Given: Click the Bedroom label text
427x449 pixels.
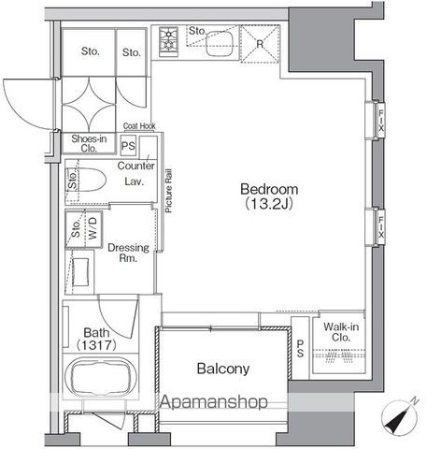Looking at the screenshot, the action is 269,189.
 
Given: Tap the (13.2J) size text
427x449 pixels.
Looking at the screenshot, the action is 269,204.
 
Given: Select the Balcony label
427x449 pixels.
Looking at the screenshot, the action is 223,369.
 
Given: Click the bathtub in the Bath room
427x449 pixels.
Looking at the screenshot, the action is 100,378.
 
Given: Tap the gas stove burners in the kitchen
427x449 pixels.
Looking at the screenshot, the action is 168,42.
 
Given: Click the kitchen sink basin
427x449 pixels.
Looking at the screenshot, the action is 220,43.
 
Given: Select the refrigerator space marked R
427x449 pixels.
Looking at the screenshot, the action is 260,44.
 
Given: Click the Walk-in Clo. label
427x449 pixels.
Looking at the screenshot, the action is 341,332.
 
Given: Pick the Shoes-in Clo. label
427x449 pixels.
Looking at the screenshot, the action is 89,143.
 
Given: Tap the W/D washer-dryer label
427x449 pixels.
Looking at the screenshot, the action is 93,228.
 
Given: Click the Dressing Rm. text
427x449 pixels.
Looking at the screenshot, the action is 128,253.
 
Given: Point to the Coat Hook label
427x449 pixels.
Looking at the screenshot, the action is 139,126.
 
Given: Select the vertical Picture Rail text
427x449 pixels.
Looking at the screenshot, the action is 168,191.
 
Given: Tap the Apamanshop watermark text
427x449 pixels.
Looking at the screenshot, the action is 214,401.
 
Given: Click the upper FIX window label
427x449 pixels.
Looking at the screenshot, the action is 380,120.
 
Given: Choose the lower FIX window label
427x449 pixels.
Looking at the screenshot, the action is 381,227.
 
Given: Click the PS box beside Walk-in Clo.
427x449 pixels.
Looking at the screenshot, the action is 300,348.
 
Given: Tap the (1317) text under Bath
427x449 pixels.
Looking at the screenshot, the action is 96,345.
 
